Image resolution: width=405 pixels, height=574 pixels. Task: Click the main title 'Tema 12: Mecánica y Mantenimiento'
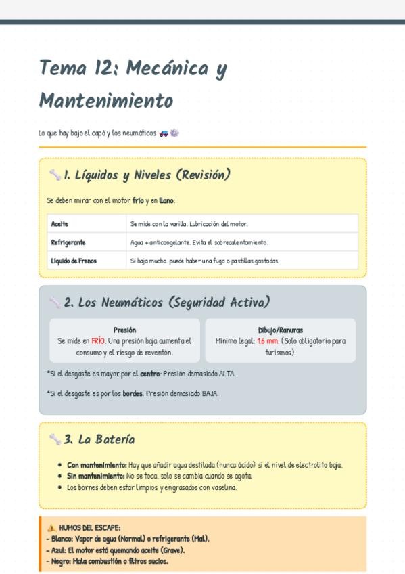pyautogui.click(x=133, y=84)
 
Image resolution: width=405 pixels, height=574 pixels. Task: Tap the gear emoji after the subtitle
pyautogui.click(x=174, y=133)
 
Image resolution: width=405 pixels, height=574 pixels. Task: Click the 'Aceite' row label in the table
pyautogui.click(x=59, y=223)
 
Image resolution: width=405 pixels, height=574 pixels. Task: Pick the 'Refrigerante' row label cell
pyautogui.click(x=68, y=242)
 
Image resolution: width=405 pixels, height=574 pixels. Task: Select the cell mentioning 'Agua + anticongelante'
pyautogui.click(x=199, y=242)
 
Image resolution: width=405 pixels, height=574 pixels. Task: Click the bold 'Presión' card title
pyautogui.click(x=124, y=330)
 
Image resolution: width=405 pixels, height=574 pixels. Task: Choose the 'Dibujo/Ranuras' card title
pyautogui.click(x=280, y=330)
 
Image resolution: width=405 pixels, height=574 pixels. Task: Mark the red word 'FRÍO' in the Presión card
pyautogui.click(x=98, y=341)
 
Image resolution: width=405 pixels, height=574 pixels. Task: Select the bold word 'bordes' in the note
pyautogui.click(x=133, y=393)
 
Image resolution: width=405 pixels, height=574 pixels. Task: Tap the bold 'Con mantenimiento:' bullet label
pyautogui.click(x=97, y=465)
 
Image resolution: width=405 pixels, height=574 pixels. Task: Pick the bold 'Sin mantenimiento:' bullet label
pyautogui.click(x=96, y=477)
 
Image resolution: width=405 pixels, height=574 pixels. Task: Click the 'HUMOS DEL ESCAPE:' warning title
pyautogui.click(x=90, y=528)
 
